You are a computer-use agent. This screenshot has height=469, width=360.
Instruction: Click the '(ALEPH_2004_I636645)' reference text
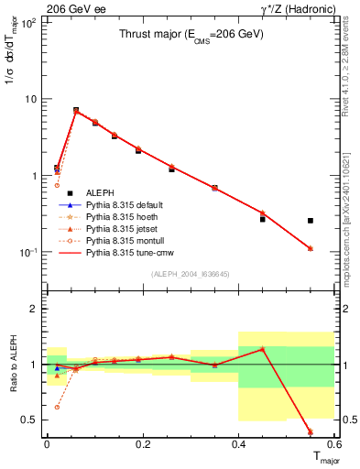(x=191, y=274)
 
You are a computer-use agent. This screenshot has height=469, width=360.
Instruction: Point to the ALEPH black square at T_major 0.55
(x=311, y=221)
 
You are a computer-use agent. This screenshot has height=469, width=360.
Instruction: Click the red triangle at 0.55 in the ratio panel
(x=311, y=431)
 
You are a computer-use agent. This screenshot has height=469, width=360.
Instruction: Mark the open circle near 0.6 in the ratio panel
(x=57, y=407)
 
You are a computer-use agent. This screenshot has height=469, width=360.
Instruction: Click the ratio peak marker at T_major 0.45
(x=262, y=349)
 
